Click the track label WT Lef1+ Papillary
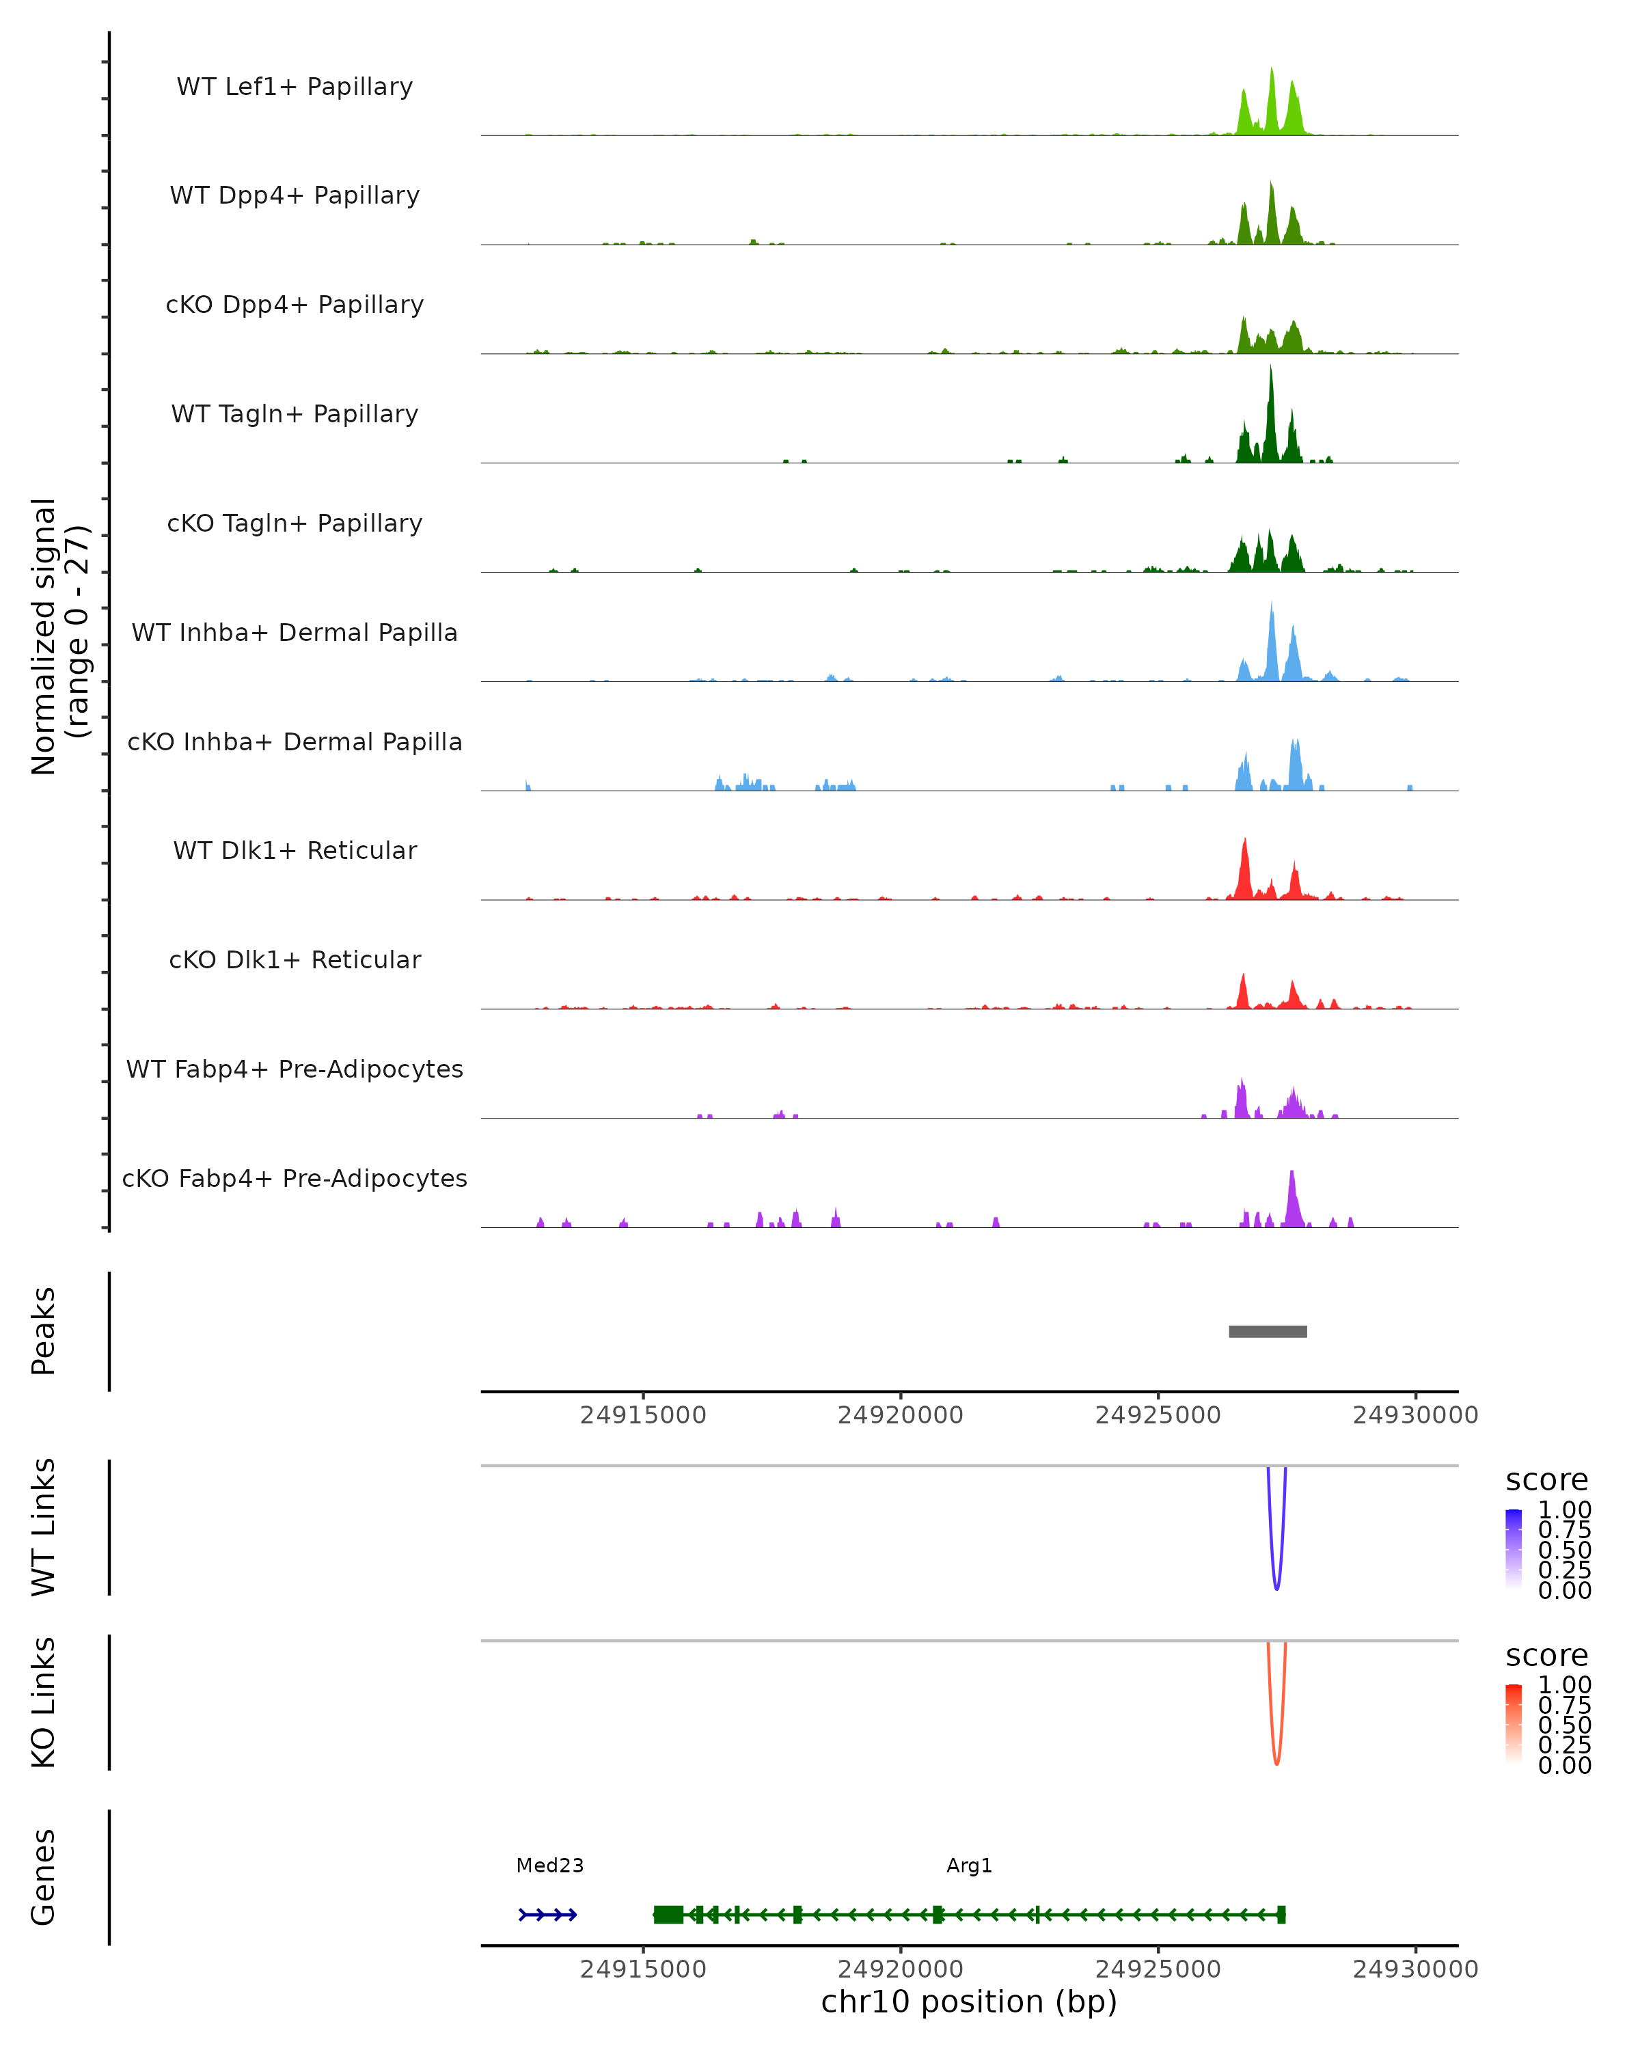295,87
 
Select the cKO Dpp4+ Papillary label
295,305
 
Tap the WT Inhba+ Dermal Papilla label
295,633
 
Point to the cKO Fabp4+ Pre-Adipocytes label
295,1179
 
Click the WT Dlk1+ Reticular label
295,851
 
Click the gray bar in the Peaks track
1268,1332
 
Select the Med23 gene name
549,1865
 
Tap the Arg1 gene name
969,1865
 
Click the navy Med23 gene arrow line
547,1915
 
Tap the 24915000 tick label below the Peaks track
643,1416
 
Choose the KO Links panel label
44,1703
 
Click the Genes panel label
44,1878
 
